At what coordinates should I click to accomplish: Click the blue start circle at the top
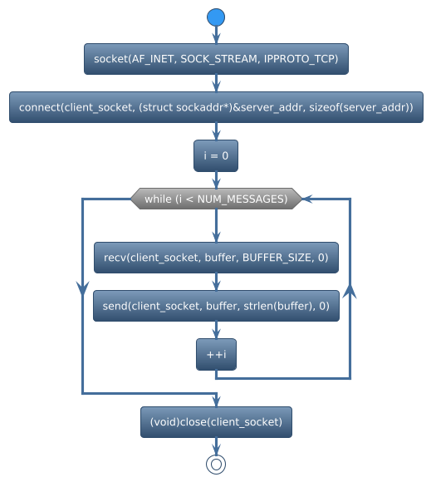(216, 17)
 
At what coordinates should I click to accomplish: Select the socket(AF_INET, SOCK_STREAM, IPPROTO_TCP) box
(216, 59)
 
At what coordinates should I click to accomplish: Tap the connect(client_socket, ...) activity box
(216, 108)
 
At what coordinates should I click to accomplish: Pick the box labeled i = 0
(216, 156)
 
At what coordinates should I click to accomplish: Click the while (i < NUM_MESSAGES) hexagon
(216, 199)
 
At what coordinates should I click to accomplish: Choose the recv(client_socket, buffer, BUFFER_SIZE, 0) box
(216, 258)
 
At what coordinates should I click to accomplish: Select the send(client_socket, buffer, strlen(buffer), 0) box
(216, 307)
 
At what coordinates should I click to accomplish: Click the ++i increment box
(216, 355)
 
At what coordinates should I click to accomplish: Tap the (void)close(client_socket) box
(216, 422)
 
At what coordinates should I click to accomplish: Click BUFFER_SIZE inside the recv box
(277, 258)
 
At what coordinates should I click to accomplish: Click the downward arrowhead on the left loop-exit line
(82, 288)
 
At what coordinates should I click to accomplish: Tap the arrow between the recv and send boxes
(216, 283)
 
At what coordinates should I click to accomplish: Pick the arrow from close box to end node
(216, 445)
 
